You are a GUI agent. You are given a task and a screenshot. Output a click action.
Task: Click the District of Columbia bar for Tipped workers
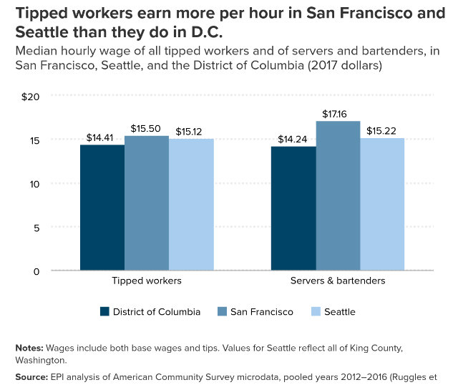(102, 208)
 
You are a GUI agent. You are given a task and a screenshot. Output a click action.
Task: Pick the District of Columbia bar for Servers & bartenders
(293, 208)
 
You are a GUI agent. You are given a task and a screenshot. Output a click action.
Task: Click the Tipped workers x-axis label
(147, 281)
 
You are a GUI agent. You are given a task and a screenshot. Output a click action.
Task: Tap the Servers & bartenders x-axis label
(338, 281)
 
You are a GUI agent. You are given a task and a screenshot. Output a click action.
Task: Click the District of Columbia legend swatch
(104, 312)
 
